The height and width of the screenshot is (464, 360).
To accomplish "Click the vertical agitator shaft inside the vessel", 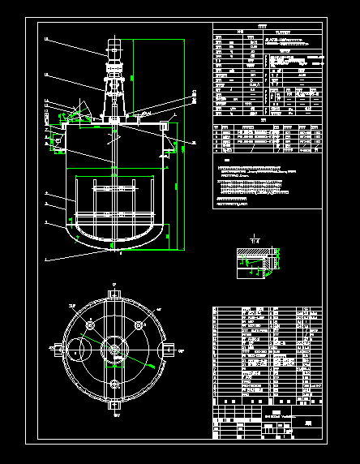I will tap(114, 178).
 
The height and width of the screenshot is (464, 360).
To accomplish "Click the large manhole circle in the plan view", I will tap(79, 352).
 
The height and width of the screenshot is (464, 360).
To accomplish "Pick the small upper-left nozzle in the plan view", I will tap(88, 325).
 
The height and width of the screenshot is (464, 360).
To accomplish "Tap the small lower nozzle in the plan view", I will tap(114, 381).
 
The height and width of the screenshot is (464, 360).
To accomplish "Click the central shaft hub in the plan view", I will tap(114, 350).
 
